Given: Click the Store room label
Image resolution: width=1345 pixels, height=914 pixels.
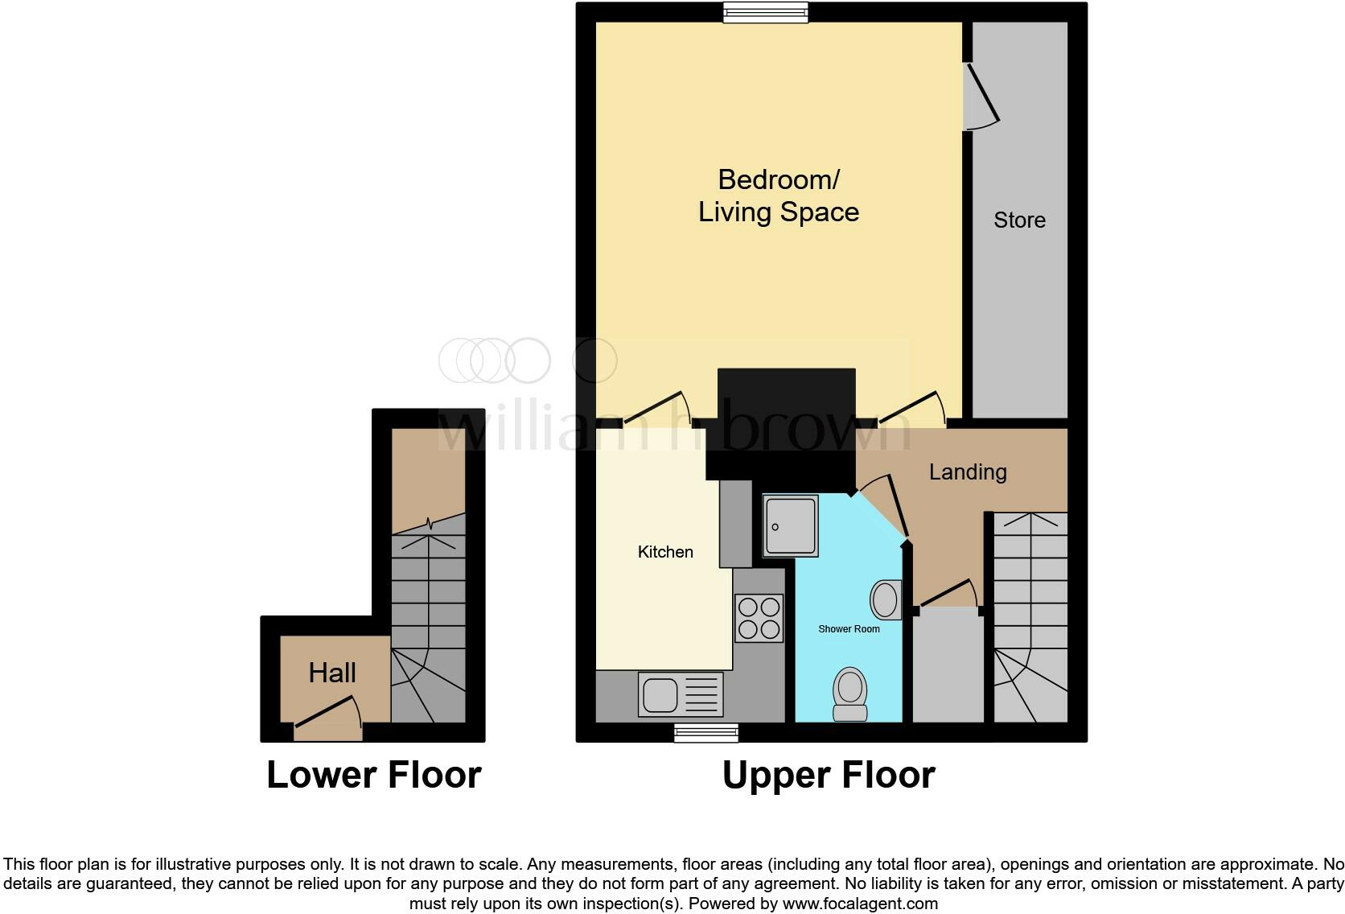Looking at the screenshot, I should (x=1019, y=220).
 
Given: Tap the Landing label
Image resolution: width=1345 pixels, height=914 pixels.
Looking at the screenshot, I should (x=967, y=471).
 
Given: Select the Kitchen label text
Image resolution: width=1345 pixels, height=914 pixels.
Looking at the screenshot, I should (x=665, y=552).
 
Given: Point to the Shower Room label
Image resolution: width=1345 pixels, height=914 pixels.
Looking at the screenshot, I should (x=849, y=629).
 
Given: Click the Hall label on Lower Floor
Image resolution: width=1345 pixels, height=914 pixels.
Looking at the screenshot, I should (x=332, y=673).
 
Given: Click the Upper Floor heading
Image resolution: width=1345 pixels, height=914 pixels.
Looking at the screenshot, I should (x=828, y=775).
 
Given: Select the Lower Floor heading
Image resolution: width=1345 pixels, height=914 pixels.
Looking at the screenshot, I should (x=373, y=775).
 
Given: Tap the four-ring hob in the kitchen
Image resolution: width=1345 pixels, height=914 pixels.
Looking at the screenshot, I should (x=759, y=618).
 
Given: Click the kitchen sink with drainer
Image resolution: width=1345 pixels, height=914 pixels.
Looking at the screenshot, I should (x=681, y=694).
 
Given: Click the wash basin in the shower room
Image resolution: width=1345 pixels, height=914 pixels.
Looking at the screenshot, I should (x=885, y=599).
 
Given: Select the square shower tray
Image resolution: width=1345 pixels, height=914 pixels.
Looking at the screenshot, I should (x=790, y=526).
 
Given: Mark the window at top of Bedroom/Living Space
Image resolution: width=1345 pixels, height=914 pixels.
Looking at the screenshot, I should (x=765, y=12).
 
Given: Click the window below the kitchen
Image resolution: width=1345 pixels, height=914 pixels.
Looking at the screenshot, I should (x=705, y=732).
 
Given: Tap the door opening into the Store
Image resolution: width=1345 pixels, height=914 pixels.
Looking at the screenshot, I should (x=982, y=97).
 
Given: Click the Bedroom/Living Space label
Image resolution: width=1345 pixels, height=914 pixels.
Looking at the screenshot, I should (x=778, y=196).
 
